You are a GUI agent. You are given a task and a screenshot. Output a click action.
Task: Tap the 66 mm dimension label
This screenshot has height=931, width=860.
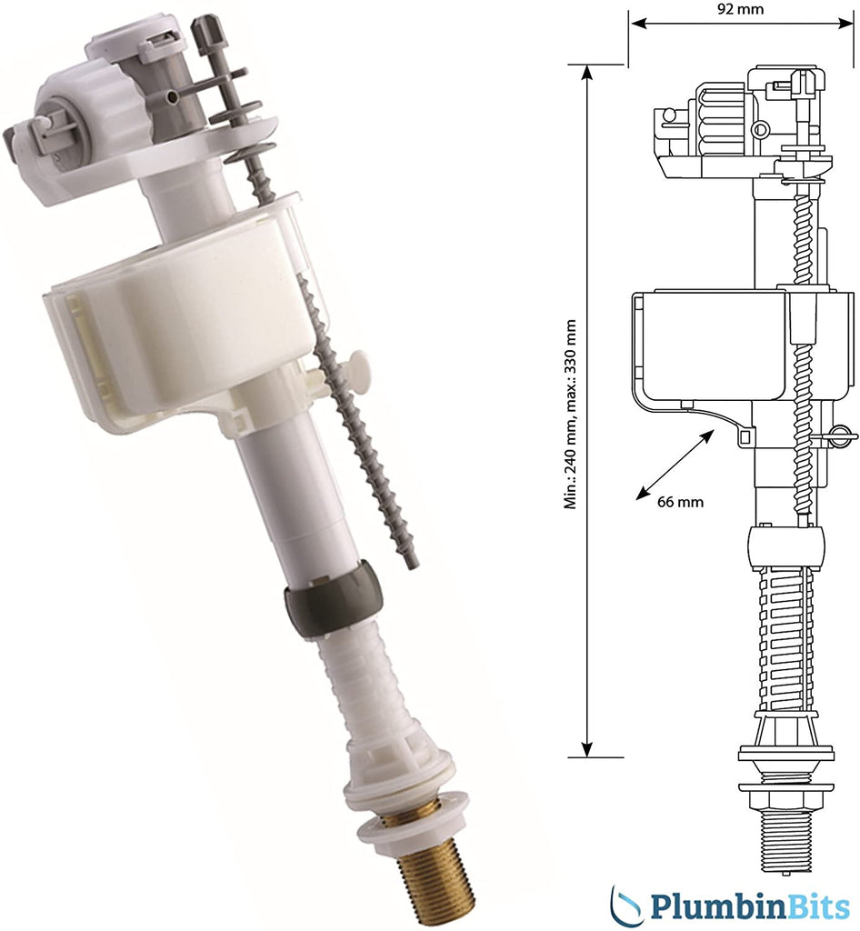click(680, 502)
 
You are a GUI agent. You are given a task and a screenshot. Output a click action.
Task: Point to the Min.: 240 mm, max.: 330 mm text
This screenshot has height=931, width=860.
click(571, 415)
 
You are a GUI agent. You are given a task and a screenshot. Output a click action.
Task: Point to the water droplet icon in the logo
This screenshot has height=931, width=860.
click(628, 905)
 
